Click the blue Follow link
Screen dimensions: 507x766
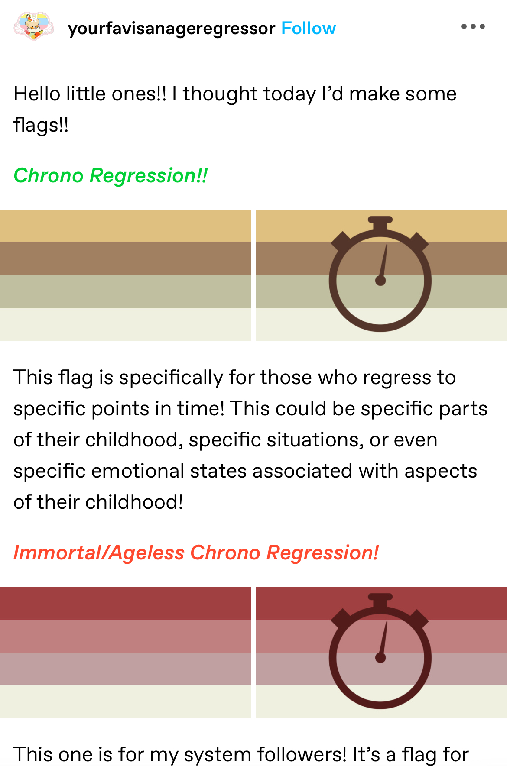click(x=309, y=29)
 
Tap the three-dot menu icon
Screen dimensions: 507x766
click(x=473, y=26)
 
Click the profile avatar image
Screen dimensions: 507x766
click(x=34, y=26)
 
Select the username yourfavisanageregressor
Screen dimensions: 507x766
click(x=172, y=29)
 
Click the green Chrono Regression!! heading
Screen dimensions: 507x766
click(x=110, y=176)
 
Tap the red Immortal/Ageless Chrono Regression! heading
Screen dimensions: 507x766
click(x=196, y=553)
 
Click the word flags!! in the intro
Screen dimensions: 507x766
click(x=41, y=125)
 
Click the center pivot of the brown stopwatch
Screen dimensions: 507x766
click(x=380, y=281)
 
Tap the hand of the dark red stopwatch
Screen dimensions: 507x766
click(x=383, y=639)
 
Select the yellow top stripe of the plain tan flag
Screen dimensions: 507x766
click(x=125, y=226)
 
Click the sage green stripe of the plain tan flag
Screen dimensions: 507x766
click(x=125, y=292)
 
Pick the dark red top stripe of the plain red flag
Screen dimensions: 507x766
click(x=125, y=603)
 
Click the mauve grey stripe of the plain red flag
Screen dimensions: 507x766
click(x=125, y=669)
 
